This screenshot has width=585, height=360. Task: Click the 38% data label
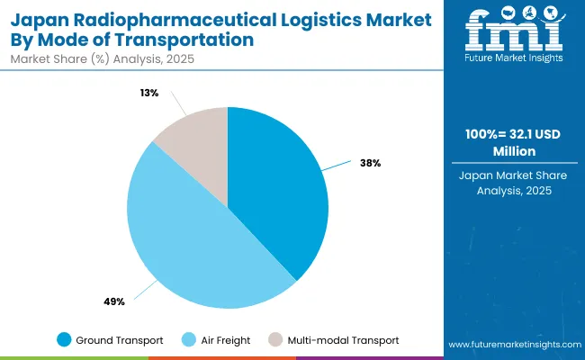(371, 163)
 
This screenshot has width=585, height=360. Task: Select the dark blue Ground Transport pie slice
(279, 189)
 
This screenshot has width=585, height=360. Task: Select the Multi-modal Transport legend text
(343, 339)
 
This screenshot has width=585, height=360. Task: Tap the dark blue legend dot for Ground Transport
(64, 339)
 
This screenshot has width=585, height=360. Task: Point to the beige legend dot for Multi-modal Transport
(274, 339)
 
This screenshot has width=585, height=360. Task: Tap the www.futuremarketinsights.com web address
(512, 345)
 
